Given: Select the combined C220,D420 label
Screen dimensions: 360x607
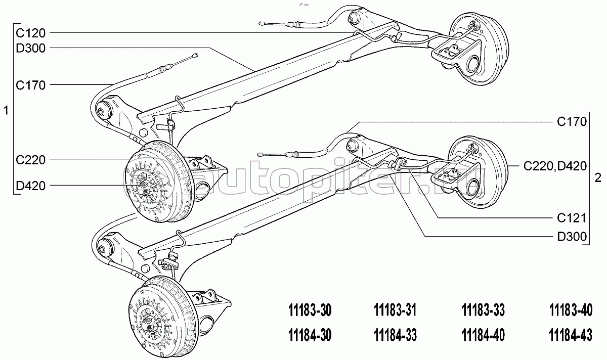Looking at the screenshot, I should pos(555,166).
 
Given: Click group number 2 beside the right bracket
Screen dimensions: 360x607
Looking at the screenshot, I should pos(598,178).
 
